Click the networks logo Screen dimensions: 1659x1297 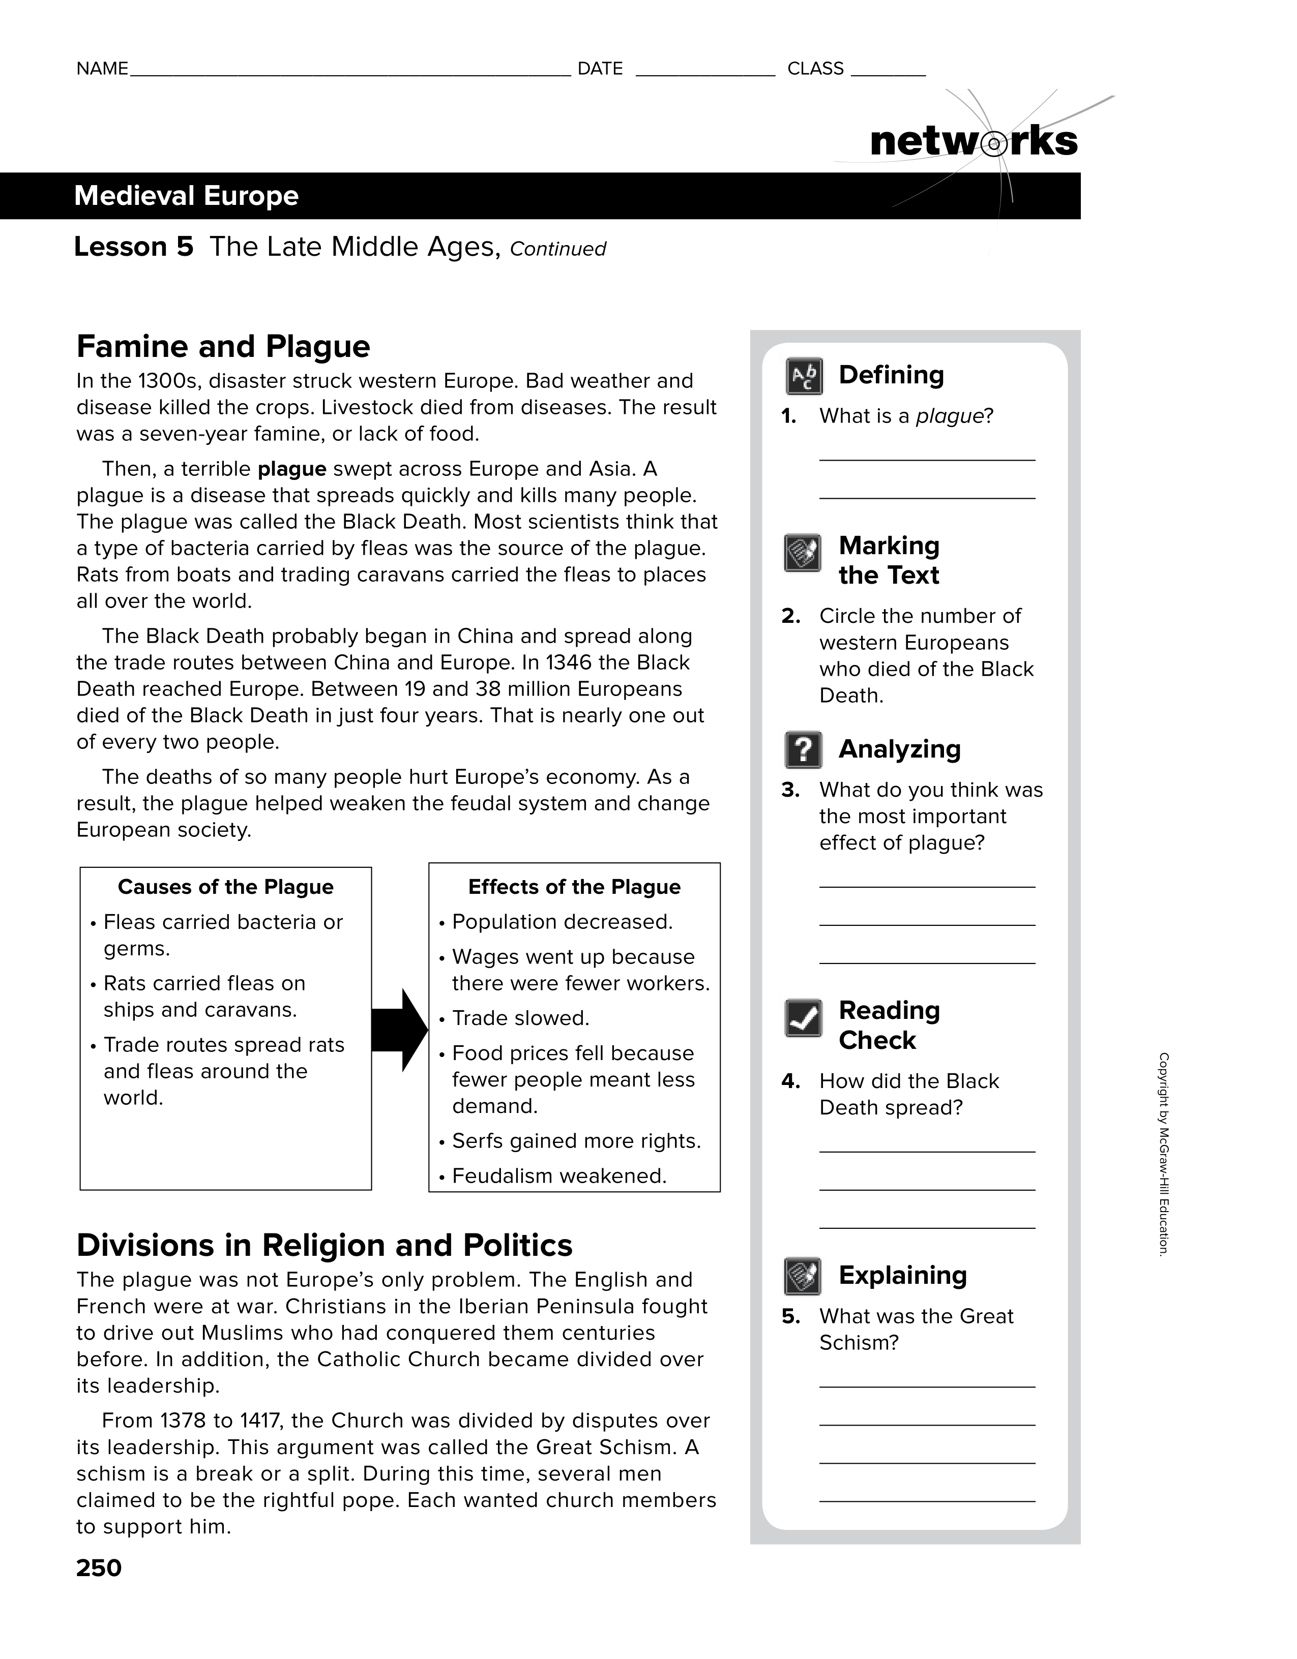click(x=974, y=142)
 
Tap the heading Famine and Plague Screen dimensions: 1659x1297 click(x=223, y=346)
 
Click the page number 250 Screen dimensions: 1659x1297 click(x=99, y=1568)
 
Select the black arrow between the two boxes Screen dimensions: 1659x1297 click(x=400, y=1031)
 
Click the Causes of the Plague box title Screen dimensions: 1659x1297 click(x=226, y=887)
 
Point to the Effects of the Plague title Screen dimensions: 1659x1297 click(x=574, y=887)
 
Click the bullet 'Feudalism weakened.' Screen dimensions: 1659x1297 click(x=559, y=1176)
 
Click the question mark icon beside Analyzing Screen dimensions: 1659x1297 click(x=803, y=750)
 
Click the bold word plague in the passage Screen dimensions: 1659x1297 click(x=292, y=469)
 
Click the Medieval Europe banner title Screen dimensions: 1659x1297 click(x=186, y=196)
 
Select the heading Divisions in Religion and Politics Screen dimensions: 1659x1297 click(x=325, y=1246)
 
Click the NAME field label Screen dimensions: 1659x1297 click(x=102, y=69)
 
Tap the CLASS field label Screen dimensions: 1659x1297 click(x=815, y=69)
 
